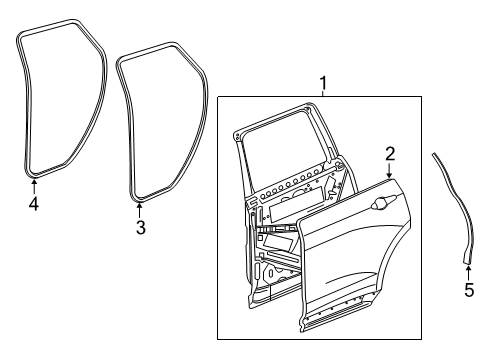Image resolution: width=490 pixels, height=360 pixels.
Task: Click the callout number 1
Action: click(322, 82)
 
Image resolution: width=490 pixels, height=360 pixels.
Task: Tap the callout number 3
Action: click(140, 228)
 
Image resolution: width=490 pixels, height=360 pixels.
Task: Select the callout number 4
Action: click(34, 205)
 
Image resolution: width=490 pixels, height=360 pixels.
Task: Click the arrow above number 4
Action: click(34, 183)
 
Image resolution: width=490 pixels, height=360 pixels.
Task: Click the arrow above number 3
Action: click(139, 205)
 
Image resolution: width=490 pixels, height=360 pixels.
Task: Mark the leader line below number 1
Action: click(322, 93)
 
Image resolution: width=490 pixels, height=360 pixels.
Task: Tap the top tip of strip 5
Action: click(433, 154)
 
